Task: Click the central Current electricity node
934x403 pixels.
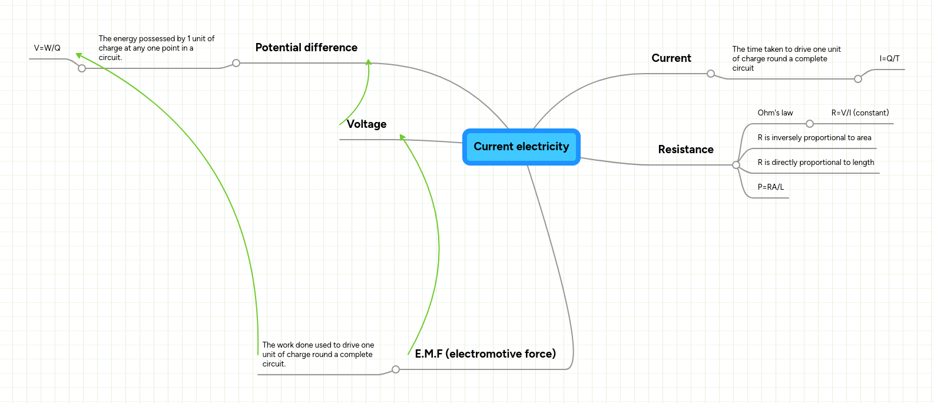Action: [x=521, y=147]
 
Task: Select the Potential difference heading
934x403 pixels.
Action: [x=306, y=48]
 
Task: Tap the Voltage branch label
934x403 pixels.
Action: [x=366, y=124]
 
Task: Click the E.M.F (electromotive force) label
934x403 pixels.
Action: [x=485, y=354]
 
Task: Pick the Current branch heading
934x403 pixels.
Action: [x=671, y=58]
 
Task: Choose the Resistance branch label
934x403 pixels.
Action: [x=685, y=150]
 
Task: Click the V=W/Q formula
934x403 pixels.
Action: [x=47, y=48]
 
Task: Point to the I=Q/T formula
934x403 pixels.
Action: [x=889, y=59]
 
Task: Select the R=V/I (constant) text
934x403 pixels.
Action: [x=860, y=113]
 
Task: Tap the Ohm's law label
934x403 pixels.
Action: [x=775, y=113]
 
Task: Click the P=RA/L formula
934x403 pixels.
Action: [x=770, y=187]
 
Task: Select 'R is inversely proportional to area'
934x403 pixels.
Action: [x=814, y=138]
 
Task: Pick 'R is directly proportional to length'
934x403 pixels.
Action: [x=816, y=163]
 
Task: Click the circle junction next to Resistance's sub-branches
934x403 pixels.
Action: [x=736, y=165]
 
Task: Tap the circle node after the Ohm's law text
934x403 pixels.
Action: [x=810, y=124]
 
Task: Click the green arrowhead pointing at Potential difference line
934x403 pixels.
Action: [x=369, y=62]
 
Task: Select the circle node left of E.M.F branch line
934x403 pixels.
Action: [x=396, y=369]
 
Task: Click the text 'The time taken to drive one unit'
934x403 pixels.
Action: [x=786, y=49]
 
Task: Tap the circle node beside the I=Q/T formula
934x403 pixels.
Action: [x=858, y=79]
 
